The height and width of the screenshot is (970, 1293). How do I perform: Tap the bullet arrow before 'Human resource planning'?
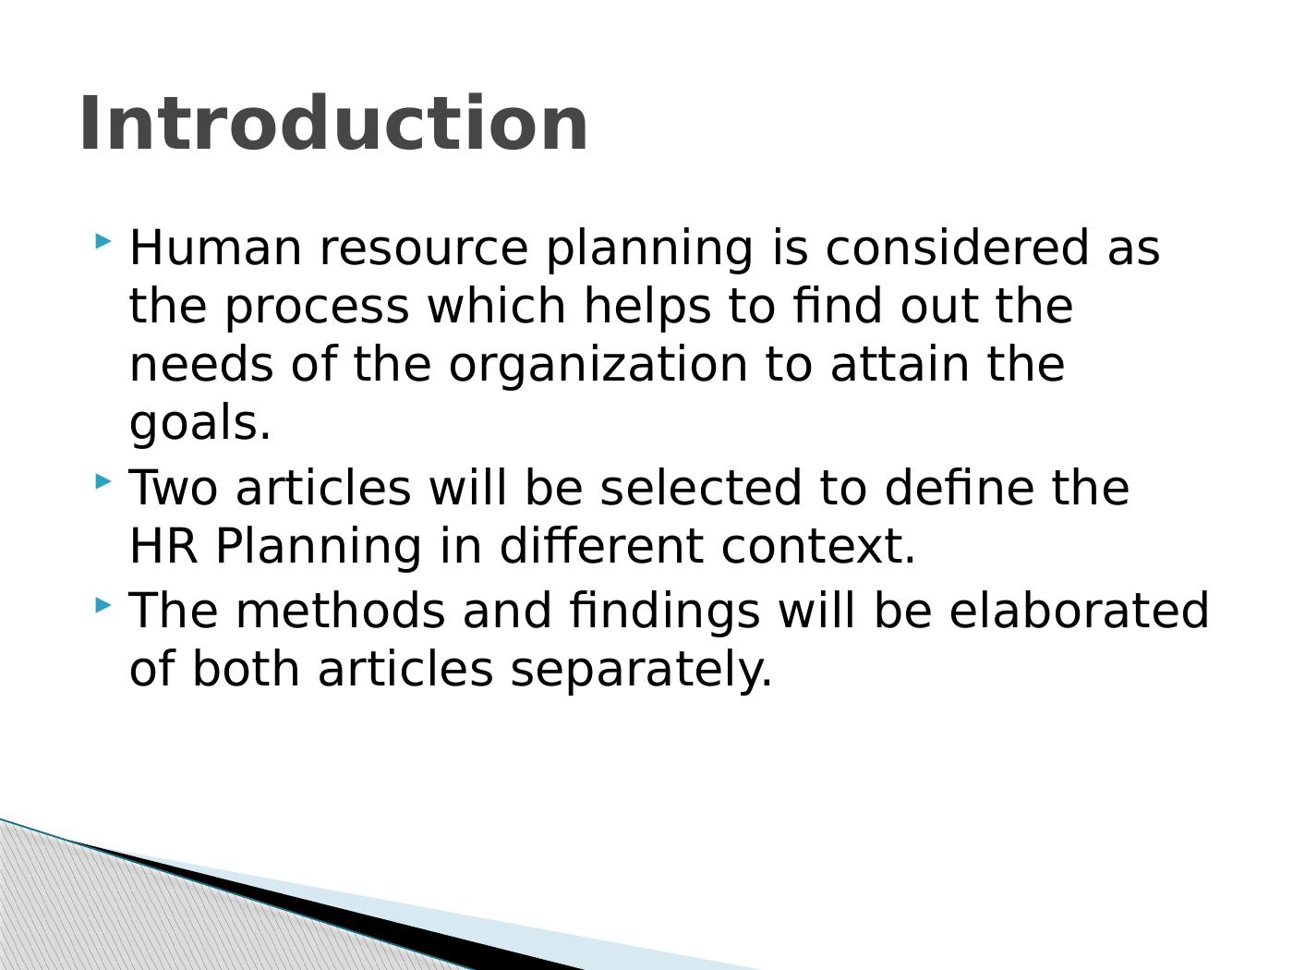click(103, 241)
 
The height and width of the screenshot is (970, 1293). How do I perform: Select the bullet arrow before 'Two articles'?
click(103, 481)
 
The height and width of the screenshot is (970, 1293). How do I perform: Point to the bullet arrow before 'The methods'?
click(103, 605)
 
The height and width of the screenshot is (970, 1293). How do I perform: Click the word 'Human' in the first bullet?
click(215, 248)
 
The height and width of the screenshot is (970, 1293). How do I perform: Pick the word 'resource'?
click(424, 250)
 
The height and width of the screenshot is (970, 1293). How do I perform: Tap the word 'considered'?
click(957, 248)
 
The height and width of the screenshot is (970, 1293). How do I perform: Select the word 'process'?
click(317, 310)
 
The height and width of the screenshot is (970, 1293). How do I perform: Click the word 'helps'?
click(647, 307)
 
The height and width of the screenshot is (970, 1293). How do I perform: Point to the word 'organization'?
click(598, 367)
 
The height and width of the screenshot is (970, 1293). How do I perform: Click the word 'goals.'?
click(199, 424)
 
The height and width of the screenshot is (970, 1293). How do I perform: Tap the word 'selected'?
click(700, 487)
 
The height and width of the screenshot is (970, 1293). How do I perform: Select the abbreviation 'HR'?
click(163, 546)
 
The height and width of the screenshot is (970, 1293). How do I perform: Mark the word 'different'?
click(601, 545)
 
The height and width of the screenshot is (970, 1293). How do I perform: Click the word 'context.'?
click(818, 548)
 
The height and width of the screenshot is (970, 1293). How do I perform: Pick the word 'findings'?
click(664, 612)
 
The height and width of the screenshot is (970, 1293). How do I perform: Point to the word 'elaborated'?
click(1079, 610)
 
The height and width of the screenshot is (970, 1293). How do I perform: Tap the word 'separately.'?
click(641, 672)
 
